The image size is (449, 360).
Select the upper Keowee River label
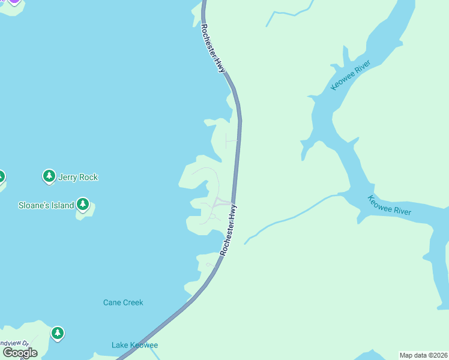(x=351, y=76)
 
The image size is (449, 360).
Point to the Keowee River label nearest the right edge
(x=390, y=206)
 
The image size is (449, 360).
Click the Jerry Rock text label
(x=78, y=177)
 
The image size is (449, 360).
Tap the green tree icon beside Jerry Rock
(x=49, y=176)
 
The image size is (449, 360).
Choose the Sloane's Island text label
(x=46, y=205)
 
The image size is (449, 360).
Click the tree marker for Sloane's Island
(x=83, y=205)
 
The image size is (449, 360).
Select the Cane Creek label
(x=123, y=302)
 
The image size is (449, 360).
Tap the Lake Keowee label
(x=134, y=345)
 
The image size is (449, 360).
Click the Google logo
(x=20, y=352)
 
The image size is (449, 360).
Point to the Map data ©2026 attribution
(x=423, y=355)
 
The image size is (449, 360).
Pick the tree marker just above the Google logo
(x=57, y=333)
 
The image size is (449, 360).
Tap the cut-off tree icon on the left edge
(x=2, y=177)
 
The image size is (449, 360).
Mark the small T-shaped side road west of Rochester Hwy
(x=231, y=142)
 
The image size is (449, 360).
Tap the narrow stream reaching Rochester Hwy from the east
(x=288, y=216)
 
